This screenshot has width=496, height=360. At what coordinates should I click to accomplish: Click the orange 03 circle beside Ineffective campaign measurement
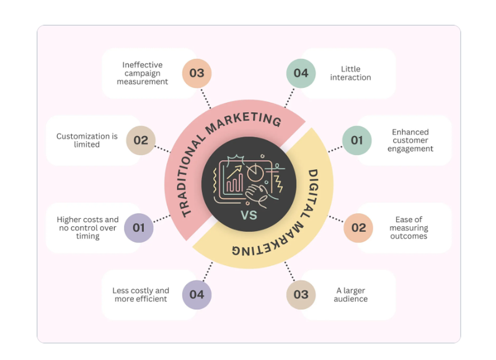[x=197, y=73]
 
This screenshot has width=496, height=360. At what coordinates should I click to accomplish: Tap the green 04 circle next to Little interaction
[x=301, y=73]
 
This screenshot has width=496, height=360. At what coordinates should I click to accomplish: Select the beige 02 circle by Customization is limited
[x=141, y=140]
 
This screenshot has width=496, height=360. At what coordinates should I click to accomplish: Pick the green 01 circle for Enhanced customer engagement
[x=357, y=140]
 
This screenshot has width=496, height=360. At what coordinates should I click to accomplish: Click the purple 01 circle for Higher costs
[x=138, y=228]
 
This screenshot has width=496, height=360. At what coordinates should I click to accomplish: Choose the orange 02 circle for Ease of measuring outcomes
[x=358, y=228]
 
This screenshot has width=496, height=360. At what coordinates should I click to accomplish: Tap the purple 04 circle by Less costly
[x=197, y=295]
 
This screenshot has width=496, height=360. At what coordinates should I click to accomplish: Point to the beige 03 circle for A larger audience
[x=301, y=295]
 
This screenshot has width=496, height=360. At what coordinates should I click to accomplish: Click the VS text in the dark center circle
[x=249, y=215]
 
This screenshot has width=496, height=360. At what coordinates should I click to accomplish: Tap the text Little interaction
[x=350, y=73]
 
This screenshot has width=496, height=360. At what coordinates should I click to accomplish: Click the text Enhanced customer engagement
[x=410, y=140]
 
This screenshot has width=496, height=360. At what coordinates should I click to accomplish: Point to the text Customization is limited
[x=87, y=140]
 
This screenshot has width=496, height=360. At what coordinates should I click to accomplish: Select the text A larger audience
[x=350, y=295]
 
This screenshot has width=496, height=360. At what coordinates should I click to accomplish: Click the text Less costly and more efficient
[x=141, y=295]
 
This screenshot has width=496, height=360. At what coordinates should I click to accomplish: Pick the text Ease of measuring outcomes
[x=409, y=228]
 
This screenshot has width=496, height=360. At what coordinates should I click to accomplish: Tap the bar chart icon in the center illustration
[x=234, y=183]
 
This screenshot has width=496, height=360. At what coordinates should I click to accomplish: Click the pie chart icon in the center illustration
[x=255, y=172]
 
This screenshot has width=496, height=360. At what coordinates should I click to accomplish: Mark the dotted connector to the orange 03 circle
[x=206, y=99]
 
